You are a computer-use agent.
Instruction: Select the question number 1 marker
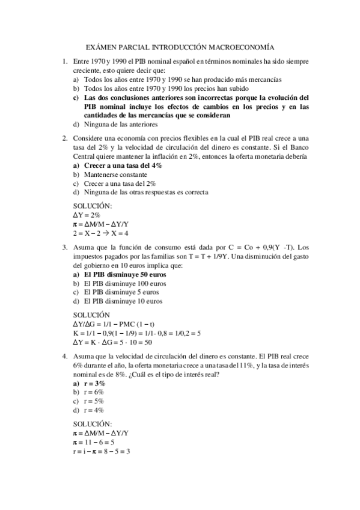click(x=64, y=62)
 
